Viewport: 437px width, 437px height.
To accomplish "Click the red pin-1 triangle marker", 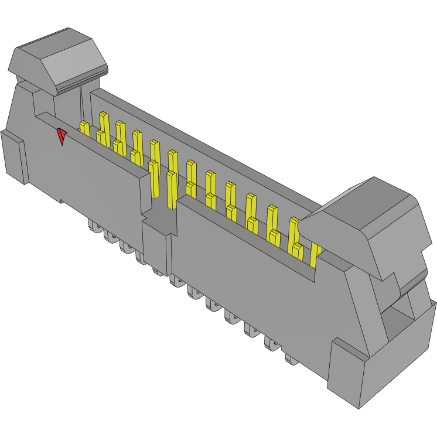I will tap(61, 136).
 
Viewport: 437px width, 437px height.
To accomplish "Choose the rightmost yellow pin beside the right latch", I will tap(315, 255).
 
